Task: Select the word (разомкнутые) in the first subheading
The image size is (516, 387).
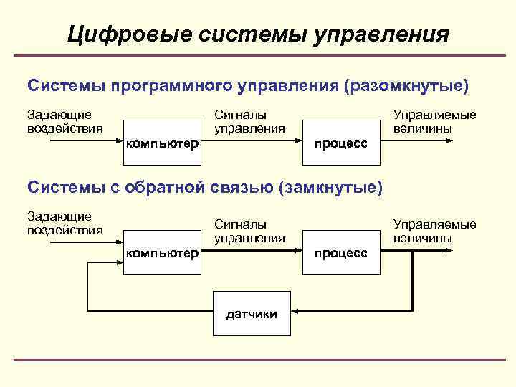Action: click(406, 87)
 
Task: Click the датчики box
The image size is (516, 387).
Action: click(252, 313)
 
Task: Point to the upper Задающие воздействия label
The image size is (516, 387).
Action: click(64, 121)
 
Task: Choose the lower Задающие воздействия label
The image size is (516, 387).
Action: click(64, 223)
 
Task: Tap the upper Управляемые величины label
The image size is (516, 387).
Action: click(434, 121)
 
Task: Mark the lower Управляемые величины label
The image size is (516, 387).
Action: click(434, 231)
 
